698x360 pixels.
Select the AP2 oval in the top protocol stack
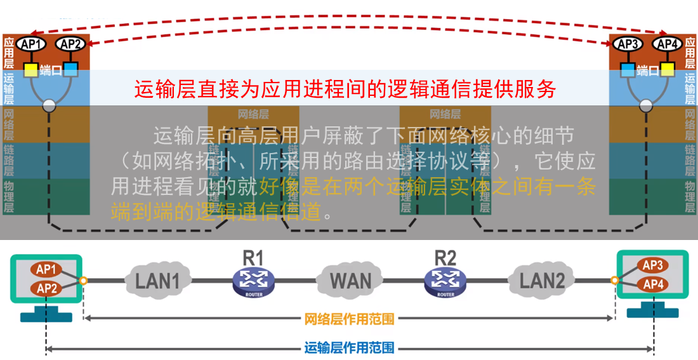coord(70,44)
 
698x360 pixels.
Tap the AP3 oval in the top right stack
coord(628,44)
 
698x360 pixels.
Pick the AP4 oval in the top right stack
coord(667,44)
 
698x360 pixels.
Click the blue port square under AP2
coord(70,69)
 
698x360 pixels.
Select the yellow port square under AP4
coord(667,69)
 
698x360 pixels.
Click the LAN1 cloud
coord(157,280)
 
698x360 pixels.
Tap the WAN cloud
coord(351,280)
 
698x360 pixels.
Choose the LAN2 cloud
coord(543,280)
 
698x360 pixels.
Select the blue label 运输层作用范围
coord(350,348)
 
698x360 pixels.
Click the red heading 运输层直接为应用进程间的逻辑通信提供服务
coord(345,89)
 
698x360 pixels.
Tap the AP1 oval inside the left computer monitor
coord(46,269)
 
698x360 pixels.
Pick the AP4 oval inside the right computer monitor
coord(652,284)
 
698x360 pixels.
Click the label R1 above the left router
coord(253,258)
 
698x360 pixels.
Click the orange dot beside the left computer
coord(84,280)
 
